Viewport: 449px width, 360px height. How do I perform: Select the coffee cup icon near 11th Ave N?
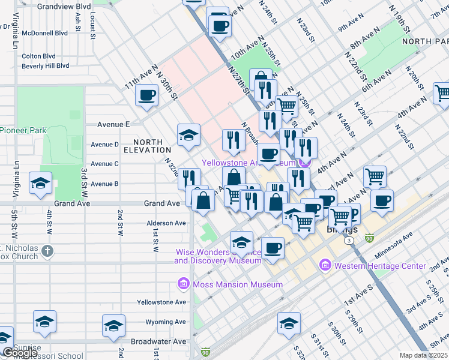146,95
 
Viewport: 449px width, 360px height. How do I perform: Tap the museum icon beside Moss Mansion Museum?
183,284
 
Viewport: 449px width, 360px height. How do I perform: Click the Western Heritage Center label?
381,266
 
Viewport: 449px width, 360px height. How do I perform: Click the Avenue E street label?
113,125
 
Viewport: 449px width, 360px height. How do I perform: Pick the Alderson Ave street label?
166,223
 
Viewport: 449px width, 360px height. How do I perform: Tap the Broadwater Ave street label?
158,341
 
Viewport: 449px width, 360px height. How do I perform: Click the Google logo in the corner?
19,353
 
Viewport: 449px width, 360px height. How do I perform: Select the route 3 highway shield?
348,240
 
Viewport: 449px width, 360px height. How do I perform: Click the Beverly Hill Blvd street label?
46,66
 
